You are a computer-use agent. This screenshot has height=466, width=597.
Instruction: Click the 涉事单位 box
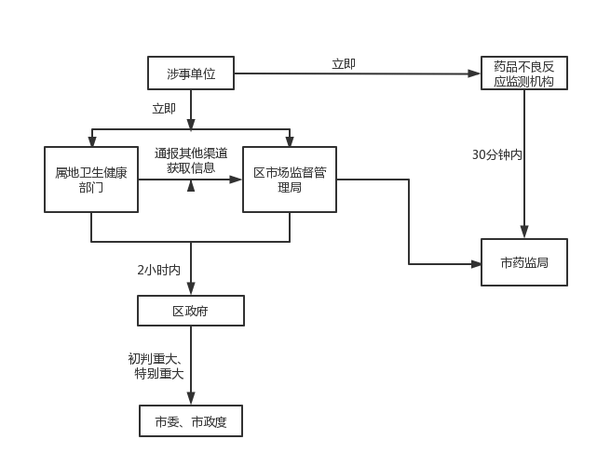tap(191, 73)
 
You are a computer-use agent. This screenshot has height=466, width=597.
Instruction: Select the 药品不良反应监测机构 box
tap(523, 73)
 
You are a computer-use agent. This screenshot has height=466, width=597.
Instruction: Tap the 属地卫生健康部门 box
tap(91, 180)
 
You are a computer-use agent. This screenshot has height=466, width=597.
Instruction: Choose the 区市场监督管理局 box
tap(289, 180)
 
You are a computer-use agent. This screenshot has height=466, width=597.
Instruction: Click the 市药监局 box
tap(523, 262)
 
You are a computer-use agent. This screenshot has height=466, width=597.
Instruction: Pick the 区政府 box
tap(191, 311)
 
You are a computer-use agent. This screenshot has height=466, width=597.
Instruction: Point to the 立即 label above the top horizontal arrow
tap(344, 64)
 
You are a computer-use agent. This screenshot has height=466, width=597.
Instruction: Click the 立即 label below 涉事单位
tap(164, 109)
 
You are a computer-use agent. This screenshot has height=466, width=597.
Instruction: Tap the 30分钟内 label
tap(496, 154)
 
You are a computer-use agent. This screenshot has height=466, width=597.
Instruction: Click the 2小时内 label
tap(159, 270)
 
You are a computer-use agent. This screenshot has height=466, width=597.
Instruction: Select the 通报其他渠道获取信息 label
tap(191, 161)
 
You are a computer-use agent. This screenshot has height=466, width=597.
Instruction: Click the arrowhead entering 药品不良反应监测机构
tap(475, 73)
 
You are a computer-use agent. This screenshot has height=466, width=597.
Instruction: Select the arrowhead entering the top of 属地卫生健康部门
tap(91, 141)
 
